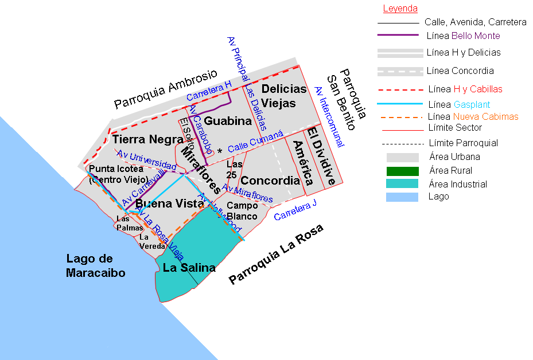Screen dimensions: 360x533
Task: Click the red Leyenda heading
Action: (400, 9)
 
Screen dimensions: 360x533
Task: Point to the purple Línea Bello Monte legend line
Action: (398, 36)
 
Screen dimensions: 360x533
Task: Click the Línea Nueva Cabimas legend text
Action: (473, 116)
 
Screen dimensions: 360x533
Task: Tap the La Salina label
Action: (189, 268)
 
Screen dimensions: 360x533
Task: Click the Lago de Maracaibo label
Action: (95, 266)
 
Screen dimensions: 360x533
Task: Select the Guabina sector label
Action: (228, 121)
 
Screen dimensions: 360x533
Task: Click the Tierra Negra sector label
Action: (139, 139)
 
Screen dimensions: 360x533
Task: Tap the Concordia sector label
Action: (270, 181)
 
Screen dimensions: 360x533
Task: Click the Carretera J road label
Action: (295, 210)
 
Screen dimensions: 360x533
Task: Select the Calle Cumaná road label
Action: (255, 141)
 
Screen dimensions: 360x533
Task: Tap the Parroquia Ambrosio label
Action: (166, 89)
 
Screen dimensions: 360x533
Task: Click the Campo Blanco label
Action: (242, 210)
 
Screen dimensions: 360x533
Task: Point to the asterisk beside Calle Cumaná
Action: (220, 151)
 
